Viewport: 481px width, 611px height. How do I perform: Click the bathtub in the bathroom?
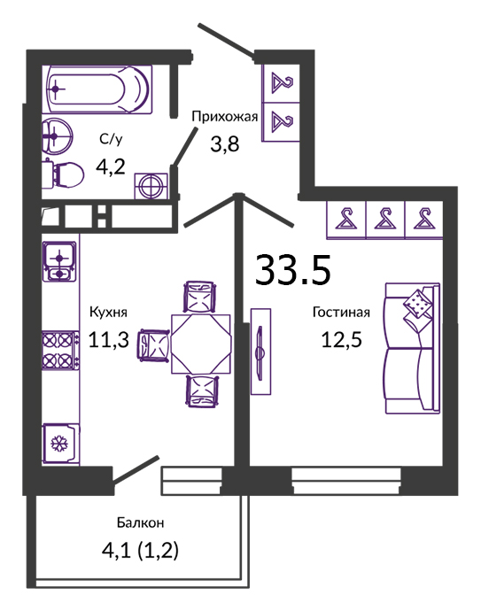(99, 89)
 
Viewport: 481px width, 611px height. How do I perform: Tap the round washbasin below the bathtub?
(57, 135)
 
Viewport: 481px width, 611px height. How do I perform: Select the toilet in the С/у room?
(64, 175)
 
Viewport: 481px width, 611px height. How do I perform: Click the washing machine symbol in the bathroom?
(151, 186)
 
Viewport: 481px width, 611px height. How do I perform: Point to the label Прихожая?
(225, 117)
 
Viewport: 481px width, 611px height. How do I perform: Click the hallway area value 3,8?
(225, 144)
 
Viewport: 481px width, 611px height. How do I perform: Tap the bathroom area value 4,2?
(111, 166)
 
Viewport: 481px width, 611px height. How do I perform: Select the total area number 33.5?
(292, 270)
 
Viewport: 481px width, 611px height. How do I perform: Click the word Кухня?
(108, 312)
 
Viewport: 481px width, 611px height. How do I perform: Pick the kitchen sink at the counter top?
(59, 261)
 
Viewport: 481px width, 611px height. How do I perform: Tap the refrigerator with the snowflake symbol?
(61, 444)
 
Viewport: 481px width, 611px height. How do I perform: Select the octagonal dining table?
(201, 344)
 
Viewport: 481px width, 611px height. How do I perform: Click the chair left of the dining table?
(152, 344)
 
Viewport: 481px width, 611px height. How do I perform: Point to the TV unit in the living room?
(260, 352)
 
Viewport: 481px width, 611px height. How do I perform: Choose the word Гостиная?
(341, 312)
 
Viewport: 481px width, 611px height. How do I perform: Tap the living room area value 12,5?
(341, 339)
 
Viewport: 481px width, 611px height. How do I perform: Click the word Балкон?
(140, 522)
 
